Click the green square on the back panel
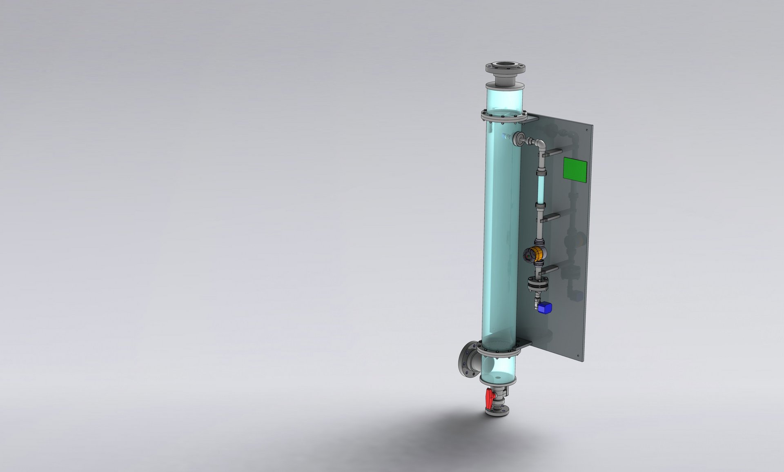(575, 169)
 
